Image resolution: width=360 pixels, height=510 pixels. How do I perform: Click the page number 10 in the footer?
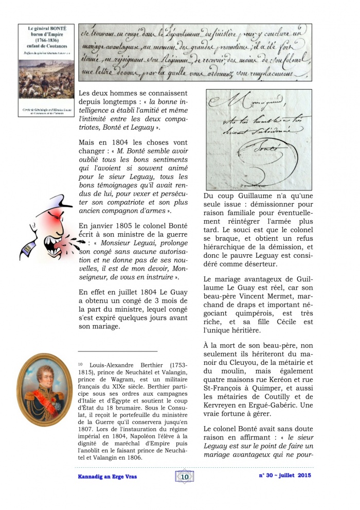(x=185, y=477)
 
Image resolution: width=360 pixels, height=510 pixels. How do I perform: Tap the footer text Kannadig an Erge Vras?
(x=103, y=477)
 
